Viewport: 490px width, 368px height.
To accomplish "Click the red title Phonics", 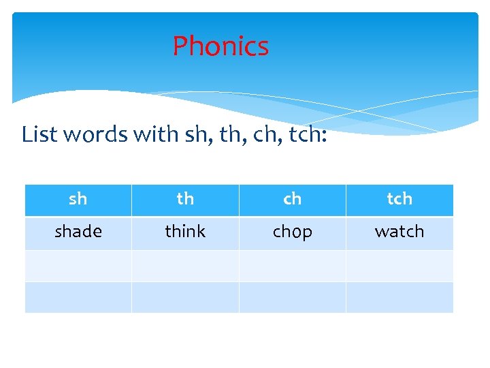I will [220, 46].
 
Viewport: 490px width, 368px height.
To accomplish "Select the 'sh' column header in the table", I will [78, 199].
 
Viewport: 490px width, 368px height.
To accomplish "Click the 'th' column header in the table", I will [185, 199].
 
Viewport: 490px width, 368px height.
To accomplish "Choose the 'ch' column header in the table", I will [292, 199].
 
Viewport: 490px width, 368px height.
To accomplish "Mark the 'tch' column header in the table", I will [399, 199].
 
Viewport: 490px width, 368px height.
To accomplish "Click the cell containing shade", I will [78, 232].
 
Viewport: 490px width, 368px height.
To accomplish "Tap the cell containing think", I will [185, 232].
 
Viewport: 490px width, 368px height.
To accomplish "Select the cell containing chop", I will [292, 232].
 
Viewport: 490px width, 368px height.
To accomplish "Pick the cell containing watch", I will [399, 232].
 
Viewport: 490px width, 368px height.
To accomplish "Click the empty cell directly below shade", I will [78, 265].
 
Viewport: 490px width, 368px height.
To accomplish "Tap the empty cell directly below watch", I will [399, 265].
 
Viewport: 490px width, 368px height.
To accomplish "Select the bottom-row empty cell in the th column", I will [185, 297].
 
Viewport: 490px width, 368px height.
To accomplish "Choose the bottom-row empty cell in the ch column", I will [292, 297].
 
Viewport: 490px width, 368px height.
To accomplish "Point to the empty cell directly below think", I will [185, 265].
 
